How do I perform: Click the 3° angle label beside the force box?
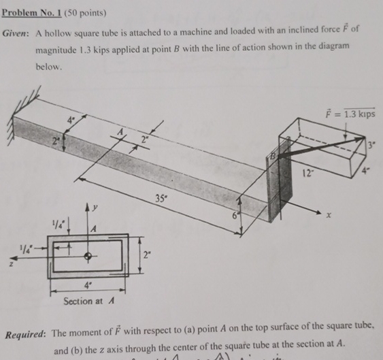pyautogui.click(x=371, y=144)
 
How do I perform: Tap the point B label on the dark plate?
pyautogui.click(x=276, y=154)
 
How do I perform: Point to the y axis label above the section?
pyautogui.click(x=97, y=205)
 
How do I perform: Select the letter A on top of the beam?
pyautogui.click(x=122, y=133)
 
